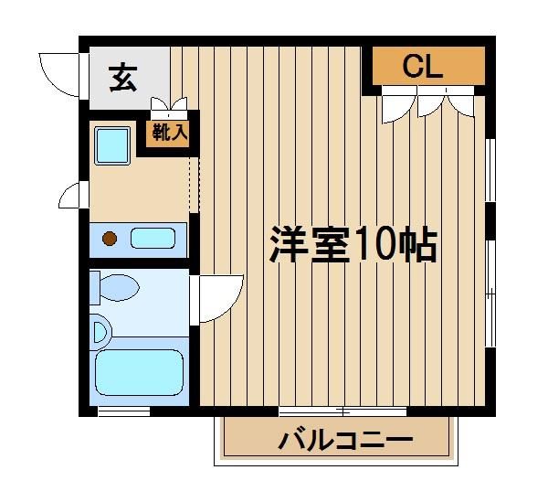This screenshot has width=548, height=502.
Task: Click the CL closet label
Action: click(423, 67)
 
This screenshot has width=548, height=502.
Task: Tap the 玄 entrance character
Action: click(122, 78)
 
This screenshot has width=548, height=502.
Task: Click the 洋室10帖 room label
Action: click(353, 244)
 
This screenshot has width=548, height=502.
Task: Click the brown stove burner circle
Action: click(110, 239)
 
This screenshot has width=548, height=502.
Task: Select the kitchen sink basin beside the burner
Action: click(153, 239)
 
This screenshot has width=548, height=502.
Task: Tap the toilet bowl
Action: click(120, 287)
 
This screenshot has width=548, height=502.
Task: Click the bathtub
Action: click(140, 372)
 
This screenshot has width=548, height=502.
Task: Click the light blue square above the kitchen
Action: click(112, 145)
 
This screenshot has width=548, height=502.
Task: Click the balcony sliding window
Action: click(342, 411)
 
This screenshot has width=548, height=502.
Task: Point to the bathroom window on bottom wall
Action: click(123, 411)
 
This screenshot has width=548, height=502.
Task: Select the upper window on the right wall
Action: click(490, 170)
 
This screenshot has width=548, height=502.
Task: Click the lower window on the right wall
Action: click(490, 294)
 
